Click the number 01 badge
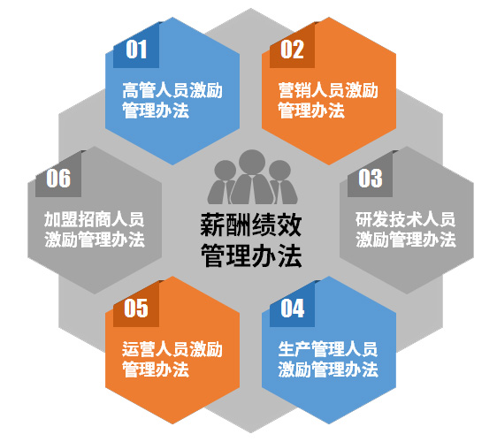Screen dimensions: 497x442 136,45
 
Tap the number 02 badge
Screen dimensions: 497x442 292,45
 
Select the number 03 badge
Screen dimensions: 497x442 370,174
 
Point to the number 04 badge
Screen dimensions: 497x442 292,304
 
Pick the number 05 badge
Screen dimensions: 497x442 136,304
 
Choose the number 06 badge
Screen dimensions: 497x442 58,174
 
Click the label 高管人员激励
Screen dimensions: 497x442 172,90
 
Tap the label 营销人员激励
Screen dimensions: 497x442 328,90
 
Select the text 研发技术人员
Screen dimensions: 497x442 405,219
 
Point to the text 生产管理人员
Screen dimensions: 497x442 328,349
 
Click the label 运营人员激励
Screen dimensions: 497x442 172,349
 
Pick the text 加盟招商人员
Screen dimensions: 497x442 94,219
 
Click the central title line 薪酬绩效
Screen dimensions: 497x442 251,225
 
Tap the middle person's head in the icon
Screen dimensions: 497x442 252,162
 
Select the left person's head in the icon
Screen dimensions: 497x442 225,171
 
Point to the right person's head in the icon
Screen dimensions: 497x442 279,171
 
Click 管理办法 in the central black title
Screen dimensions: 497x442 251,255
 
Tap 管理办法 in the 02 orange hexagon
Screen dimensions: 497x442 311,110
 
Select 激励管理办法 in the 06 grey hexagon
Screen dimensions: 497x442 94,240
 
